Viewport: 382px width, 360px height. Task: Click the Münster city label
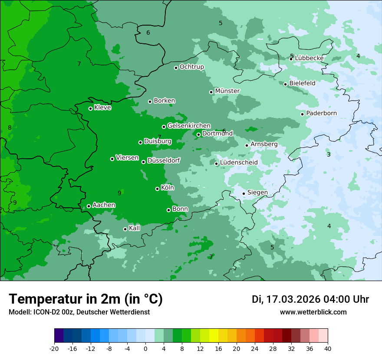tap(227, 91)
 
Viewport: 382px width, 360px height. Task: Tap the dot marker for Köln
tap(158, 189)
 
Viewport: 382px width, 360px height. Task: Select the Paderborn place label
tap(321, 113)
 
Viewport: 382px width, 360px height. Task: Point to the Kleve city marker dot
tap(91, 108)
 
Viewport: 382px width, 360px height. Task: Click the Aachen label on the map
tap(104, 205)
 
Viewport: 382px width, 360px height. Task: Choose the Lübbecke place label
tap(309, 58)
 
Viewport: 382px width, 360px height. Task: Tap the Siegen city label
tap(257, 193)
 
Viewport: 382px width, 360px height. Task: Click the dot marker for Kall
tap(125, 229)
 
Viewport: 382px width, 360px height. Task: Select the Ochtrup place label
tap(191, 67)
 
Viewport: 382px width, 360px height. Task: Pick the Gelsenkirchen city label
tap(189, 126)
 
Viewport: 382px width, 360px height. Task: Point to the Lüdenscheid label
tap(239, 163)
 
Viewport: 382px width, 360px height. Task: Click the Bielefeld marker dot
tap(286, 84)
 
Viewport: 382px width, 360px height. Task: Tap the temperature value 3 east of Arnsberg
tap(329, 155)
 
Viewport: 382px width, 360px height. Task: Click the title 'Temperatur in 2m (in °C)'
tap(86, 299)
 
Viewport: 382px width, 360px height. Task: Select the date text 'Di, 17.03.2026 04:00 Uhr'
tap(310, 299)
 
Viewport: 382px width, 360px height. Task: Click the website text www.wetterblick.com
tap(313, 312)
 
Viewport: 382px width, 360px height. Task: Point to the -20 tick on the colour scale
tap(54, 349)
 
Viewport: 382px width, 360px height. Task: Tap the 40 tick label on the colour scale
tap(328, 349)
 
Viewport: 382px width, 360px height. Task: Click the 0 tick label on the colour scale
tap(145, 349)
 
